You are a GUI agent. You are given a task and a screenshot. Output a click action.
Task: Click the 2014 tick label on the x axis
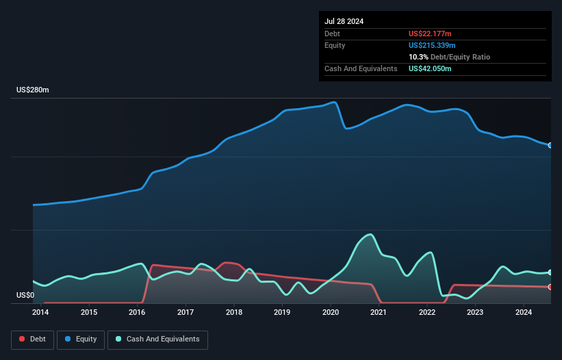(40, 313)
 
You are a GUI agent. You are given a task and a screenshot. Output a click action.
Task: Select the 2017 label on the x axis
(186, 313)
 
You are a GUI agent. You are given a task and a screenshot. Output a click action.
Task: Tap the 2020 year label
(331, 313)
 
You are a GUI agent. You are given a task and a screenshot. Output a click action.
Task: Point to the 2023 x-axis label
(475, 313)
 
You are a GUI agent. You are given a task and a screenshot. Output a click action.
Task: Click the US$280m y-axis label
(33, 90)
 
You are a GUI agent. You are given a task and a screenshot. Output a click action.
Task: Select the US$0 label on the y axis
(25, 296)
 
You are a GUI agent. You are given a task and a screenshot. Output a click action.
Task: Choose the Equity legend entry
(80, 339)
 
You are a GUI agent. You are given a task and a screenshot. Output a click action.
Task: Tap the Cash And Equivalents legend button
(157, 339)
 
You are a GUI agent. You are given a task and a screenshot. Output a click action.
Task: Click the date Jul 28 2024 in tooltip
(344, 21)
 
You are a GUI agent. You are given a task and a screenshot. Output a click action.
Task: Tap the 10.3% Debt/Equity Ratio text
(449, 57)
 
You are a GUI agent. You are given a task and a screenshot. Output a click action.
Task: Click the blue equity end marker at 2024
(550, 145)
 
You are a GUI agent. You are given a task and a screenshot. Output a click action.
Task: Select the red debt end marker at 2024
(550, 287)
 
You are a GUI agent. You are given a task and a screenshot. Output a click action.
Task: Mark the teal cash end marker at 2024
(550, 272)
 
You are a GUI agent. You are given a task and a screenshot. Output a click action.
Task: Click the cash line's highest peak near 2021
(370, 235)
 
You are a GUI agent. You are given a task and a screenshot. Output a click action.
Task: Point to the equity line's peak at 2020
(334, 103)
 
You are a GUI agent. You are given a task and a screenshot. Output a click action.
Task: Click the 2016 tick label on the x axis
(137, 313)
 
